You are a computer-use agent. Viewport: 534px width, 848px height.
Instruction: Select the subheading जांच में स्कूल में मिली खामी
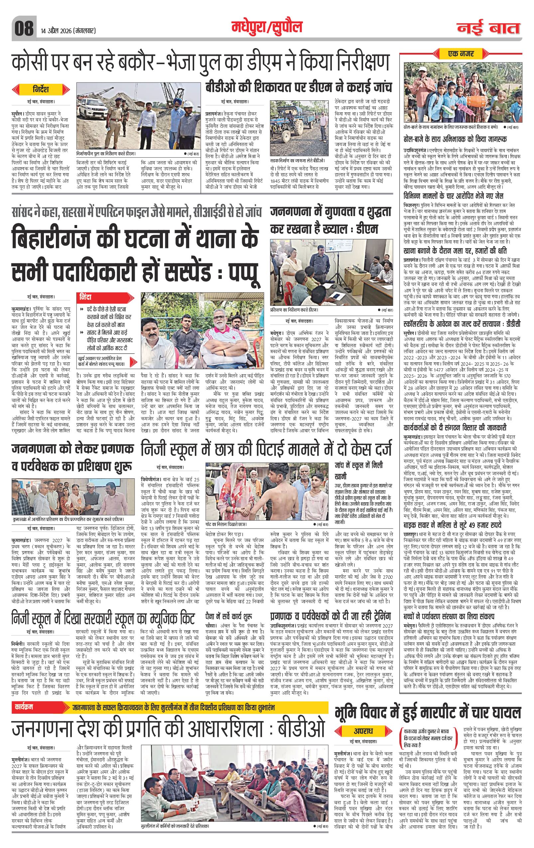click(358, 470)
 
